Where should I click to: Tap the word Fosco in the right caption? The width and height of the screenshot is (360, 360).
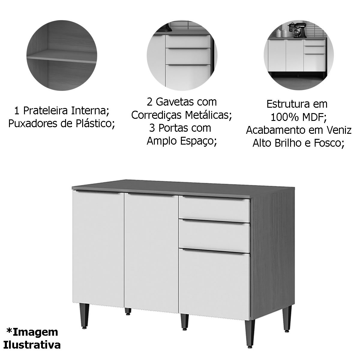point(327,143)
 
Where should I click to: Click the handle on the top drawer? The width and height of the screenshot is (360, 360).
point(214,198)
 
